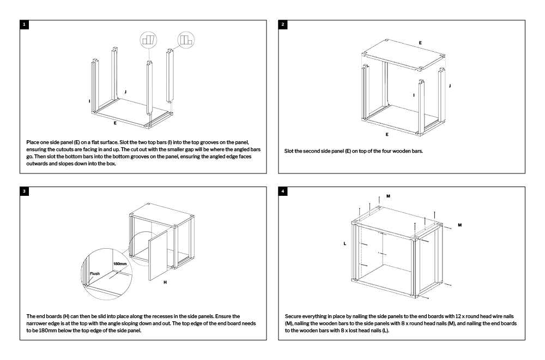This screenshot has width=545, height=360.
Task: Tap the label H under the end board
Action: point(165,283)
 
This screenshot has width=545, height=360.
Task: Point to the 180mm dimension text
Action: point(120,263)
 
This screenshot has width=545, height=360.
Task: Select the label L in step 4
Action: point(345,244)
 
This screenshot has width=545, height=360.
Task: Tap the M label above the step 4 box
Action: point(388,195)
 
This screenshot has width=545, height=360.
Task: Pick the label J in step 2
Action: point(449,86)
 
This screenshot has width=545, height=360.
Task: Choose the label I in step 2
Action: point(414,95)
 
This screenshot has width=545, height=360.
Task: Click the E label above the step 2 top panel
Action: point(420,41)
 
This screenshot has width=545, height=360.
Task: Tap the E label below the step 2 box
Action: point(388,134)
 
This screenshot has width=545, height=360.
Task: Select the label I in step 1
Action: point(89,101)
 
